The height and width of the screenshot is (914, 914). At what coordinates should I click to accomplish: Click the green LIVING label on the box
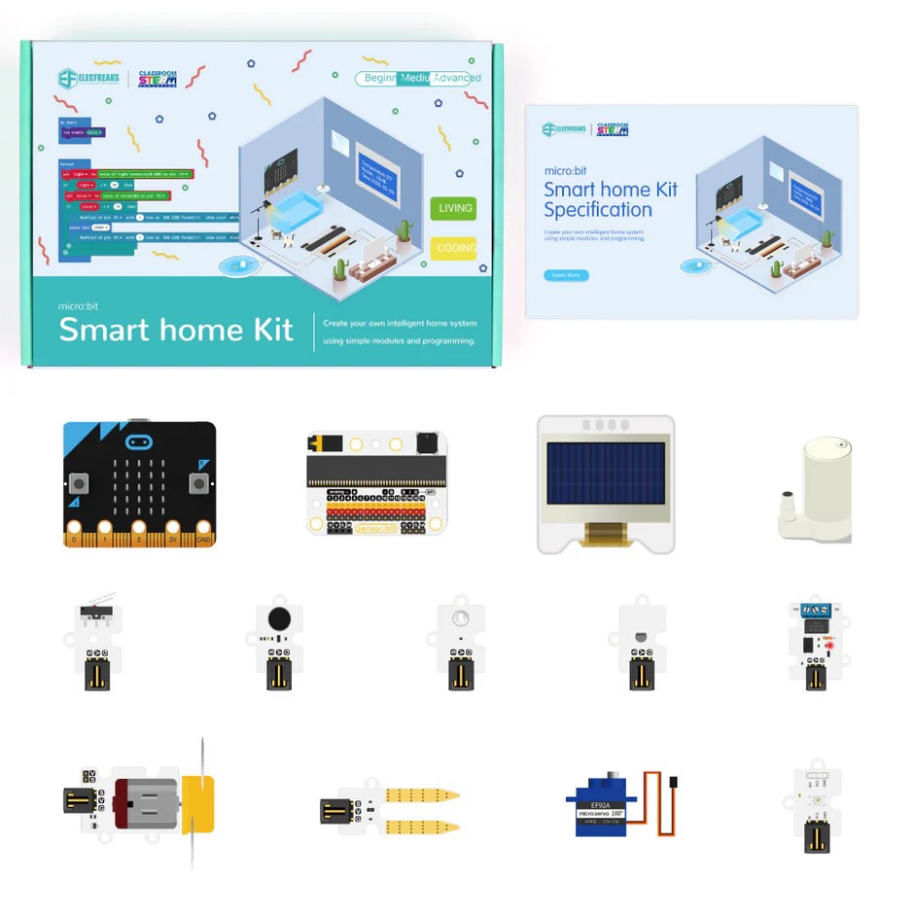pos(454,208)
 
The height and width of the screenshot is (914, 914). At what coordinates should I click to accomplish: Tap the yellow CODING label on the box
pos(454,248)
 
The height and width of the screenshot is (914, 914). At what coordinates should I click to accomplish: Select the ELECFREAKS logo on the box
pos(91,79)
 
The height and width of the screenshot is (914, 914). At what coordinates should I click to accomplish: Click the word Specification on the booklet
pos(598,210)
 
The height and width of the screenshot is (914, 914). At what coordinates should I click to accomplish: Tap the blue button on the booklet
pos(565,275)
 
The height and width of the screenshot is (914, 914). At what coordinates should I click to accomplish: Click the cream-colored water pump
pos(820,486)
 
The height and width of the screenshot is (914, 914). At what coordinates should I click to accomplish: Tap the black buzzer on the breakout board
pos(427,444)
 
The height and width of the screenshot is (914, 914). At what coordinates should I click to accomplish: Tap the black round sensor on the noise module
pos(279,617)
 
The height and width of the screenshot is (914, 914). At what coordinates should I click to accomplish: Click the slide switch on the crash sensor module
pos(93,612)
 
